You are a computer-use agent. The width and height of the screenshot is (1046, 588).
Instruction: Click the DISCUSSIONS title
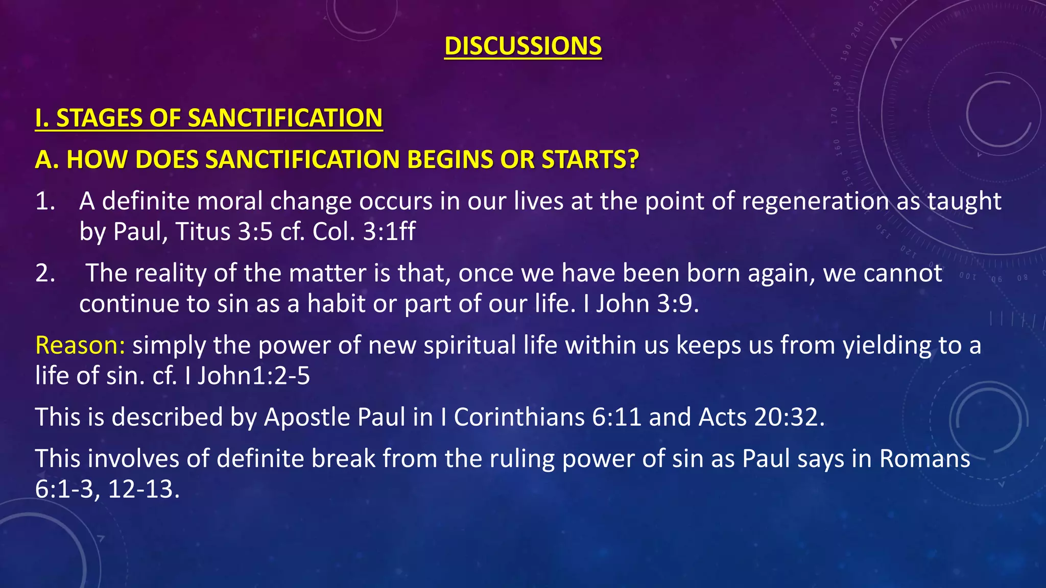pyautogui.click(x=522, y=46)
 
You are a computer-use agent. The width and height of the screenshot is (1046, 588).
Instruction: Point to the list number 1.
pyautogui.click(x=45, y=201)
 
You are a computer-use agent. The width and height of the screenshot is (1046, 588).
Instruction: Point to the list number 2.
pyautogui.click(x=45, y=273)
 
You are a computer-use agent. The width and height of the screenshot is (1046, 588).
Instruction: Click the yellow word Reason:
pyautogui.click(x=80, y=345)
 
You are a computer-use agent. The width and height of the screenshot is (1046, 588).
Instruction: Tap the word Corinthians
pyautogui.click(x=519, y=417)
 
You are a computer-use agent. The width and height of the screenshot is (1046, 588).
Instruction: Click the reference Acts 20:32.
pyautogui.click(x=761, y=417)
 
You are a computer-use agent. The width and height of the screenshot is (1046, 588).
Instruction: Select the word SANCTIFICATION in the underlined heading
pyautogui.click(x=285, y=118)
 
